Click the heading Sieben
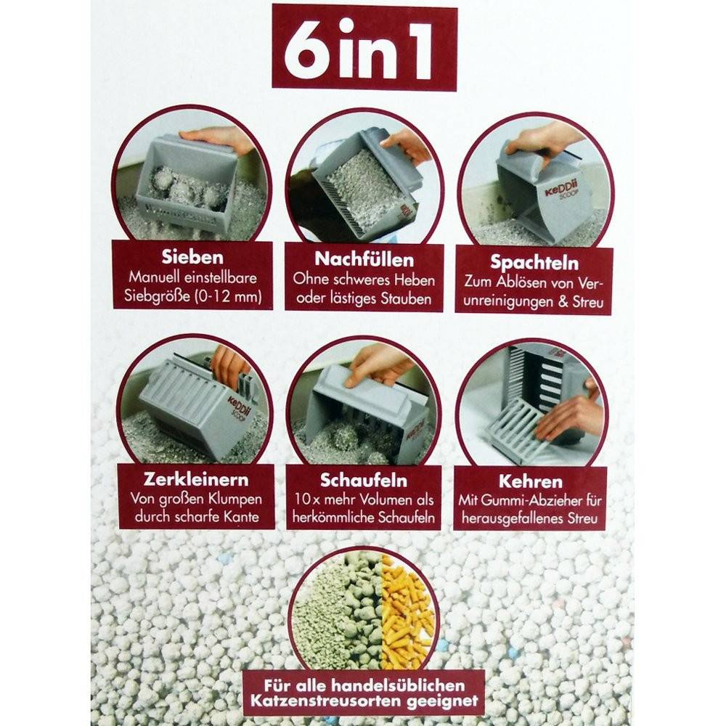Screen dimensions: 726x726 click(x=192, y=257)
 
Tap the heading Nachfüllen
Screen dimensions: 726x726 click(x=364, y=259)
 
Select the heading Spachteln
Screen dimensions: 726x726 click(x=534, y=263)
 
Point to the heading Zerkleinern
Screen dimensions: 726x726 click(x=196, y=479)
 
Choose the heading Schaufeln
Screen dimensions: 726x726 click(x=364, y=481)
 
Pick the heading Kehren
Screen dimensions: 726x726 click(x=531, y=481)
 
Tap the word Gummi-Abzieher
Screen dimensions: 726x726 click(x=535, y=500)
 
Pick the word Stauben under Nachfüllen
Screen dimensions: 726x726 click(x=407, y=299)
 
